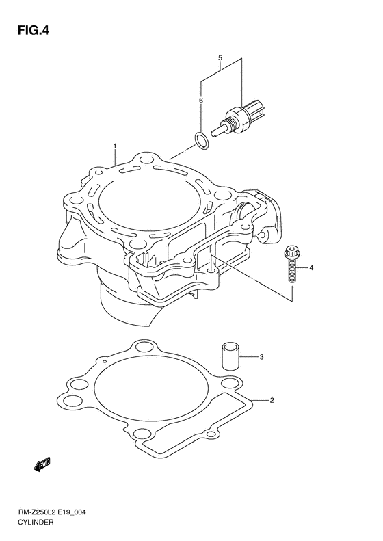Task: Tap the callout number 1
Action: (115, 146)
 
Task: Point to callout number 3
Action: (261, 357)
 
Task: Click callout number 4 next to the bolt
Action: (220, 57)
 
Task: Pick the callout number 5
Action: (200, 101)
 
